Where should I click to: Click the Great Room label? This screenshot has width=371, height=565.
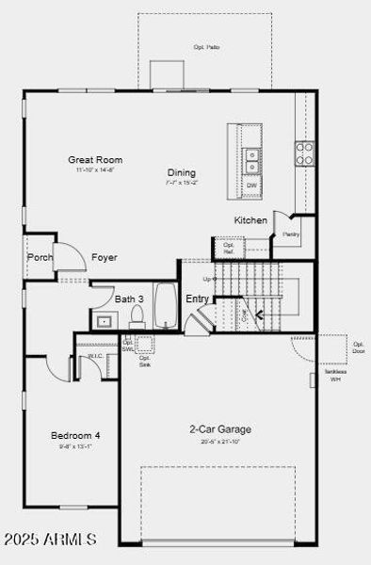[94, 159]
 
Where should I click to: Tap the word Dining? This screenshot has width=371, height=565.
[182, 172]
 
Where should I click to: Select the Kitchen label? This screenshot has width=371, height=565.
[250, 220]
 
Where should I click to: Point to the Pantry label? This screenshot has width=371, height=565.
[291, 234]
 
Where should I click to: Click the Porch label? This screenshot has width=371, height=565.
[40, 256]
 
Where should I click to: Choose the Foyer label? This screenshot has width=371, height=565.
[104, 257]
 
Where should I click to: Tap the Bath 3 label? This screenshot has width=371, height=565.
[129, 299]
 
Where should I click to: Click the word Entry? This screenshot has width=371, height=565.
[197, 299]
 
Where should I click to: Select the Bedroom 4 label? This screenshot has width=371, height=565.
[74, 435]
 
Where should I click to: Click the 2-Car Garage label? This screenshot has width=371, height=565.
[218, 429]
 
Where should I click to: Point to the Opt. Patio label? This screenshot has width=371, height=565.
[206, 46]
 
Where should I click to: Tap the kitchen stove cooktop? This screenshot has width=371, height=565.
[305, 153]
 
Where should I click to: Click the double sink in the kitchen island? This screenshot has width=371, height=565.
[251, 161]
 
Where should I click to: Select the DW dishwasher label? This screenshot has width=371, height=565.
[251, 186]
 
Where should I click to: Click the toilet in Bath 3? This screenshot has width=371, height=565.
[137, 315]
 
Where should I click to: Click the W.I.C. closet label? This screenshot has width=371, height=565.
[95, 357]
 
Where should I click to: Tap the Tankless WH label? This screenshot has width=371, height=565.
[334, 374]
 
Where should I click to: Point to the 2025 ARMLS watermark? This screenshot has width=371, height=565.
[50, 540]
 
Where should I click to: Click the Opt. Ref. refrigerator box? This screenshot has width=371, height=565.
[228, 248]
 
